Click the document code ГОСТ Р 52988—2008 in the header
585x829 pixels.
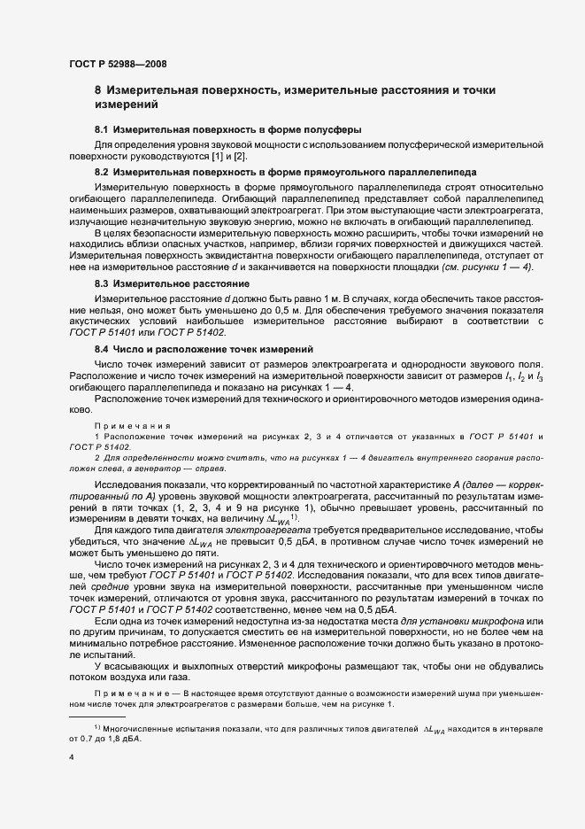tap(118, 64)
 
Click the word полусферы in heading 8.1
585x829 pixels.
tap(335, 130)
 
